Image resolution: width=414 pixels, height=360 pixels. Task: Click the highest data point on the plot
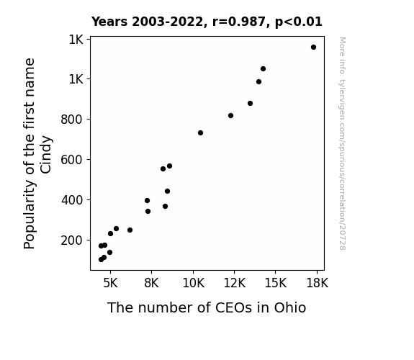[x=313, y=48]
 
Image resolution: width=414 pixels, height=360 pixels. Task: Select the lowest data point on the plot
[x=101, y=260]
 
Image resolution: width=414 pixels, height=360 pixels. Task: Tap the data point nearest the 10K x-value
[x=200, y=133]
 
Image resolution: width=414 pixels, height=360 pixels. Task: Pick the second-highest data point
[x=263, y=68]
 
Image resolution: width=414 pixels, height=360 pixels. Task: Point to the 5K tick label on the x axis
[x=110, y=283]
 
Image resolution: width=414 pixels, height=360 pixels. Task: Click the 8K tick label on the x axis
[x=151, y=283]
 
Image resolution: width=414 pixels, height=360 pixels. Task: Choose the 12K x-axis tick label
[x=235, y=283]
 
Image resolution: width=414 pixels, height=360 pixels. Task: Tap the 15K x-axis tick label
[x=276, y=283]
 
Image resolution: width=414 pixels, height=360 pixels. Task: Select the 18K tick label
[x=317, y=283]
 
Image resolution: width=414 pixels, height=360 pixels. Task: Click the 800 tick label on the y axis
[x=72, y=120]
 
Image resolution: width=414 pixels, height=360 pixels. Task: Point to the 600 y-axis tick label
[x=72, y=160]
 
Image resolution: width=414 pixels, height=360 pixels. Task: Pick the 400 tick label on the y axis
[x=72, y=200]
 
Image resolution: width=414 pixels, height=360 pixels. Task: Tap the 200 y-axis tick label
[x=72, y=240]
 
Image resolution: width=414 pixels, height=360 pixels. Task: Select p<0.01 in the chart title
[x=299, y=22]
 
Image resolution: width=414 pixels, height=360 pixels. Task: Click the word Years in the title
[x=109, y=22]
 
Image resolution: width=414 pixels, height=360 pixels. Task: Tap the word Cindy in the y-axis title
[x=46, y=155]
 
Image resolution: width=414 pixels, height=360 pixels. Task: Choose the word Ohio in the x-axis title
[x=290, y=307]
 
